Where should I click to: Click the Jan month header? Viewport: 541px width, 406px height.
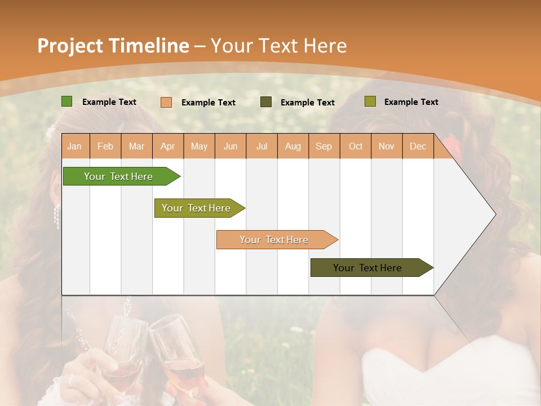pos(74,146)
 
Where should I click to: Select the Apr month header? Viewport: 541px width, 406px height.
pos(168,146)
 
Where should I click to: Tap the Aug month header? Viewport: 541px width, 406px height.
pos(293,146)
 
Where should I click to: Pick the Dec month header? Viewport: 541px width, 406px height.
pos(418,146)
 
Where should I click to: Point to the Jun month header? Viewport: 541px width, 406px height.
pos(230,146)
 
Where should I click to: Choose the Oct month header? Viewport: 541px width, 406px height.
pos(356,146)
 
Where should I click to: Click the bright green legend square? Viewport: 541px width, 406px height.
pos(66,101)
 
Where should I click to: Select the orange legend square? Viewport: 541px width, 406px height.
pos(166,102)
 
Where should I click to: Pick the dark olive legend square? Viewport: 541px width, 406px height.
pos(266,102)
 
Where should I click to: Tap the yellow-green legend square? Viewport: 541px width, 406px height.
pos(370,101)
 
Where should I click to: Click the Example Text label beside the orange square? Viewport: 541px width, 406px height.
pos(209,103)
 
